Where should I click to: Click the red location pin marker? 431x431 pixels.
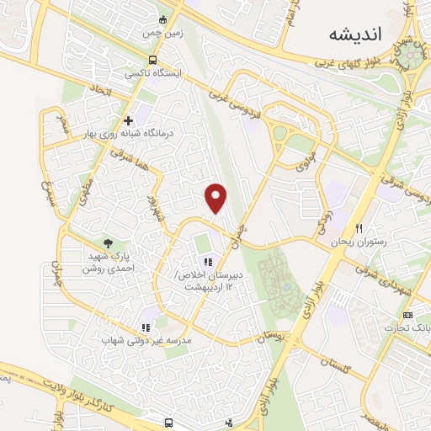pyautogui.click(x=217, y=198)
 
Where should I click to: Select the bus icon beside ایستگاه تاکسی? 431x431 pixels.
pyautogui.click(x=152, y=60)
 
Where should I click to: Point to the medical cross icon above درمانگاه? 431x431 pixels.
pyautogui.click(x=128, y=120)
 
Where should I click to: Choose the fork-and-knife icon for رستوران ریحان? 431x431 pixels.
pyautogui.click(x=359, y=228)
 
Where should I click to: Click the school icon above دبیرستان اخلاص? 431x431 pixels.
pyautogui.click(x=209, y=261)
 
